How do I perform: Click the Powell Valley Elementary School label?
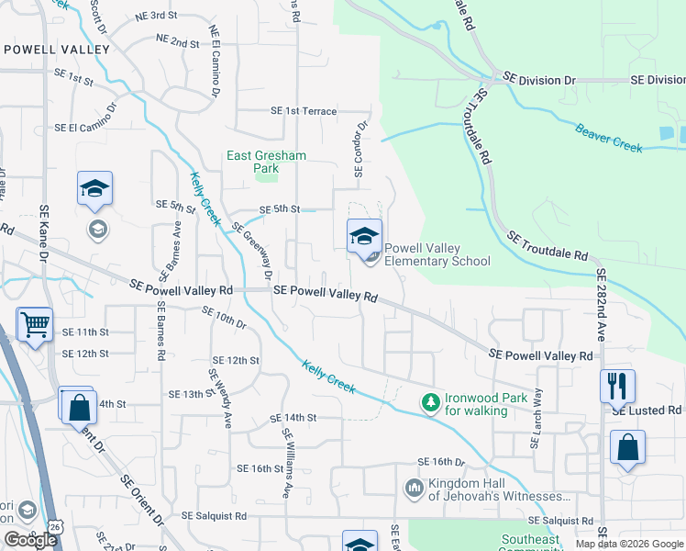click(x=437, y=254)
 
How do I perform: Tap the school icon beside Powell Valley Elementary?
click(x=364, y=236)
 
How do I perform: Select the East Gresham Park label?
click(x=266, y=162)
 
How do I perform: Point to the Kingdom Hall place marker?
click(x=413, y=487)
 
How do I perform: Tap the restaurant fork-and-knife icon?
click(x=617, y=385)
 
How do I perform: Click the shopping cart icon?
click(x=34, y=323)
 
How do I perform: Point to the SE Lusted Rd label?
click(x=647, y=410)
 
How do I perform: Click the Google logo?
click(x=30, y=540)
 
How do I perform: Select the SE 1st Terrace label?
click(x=304, y=111)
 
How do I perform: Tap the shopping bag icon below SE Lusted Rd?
click(x=628, y=448)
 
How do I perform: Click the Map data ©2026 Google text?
click(x=628, y=544)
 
